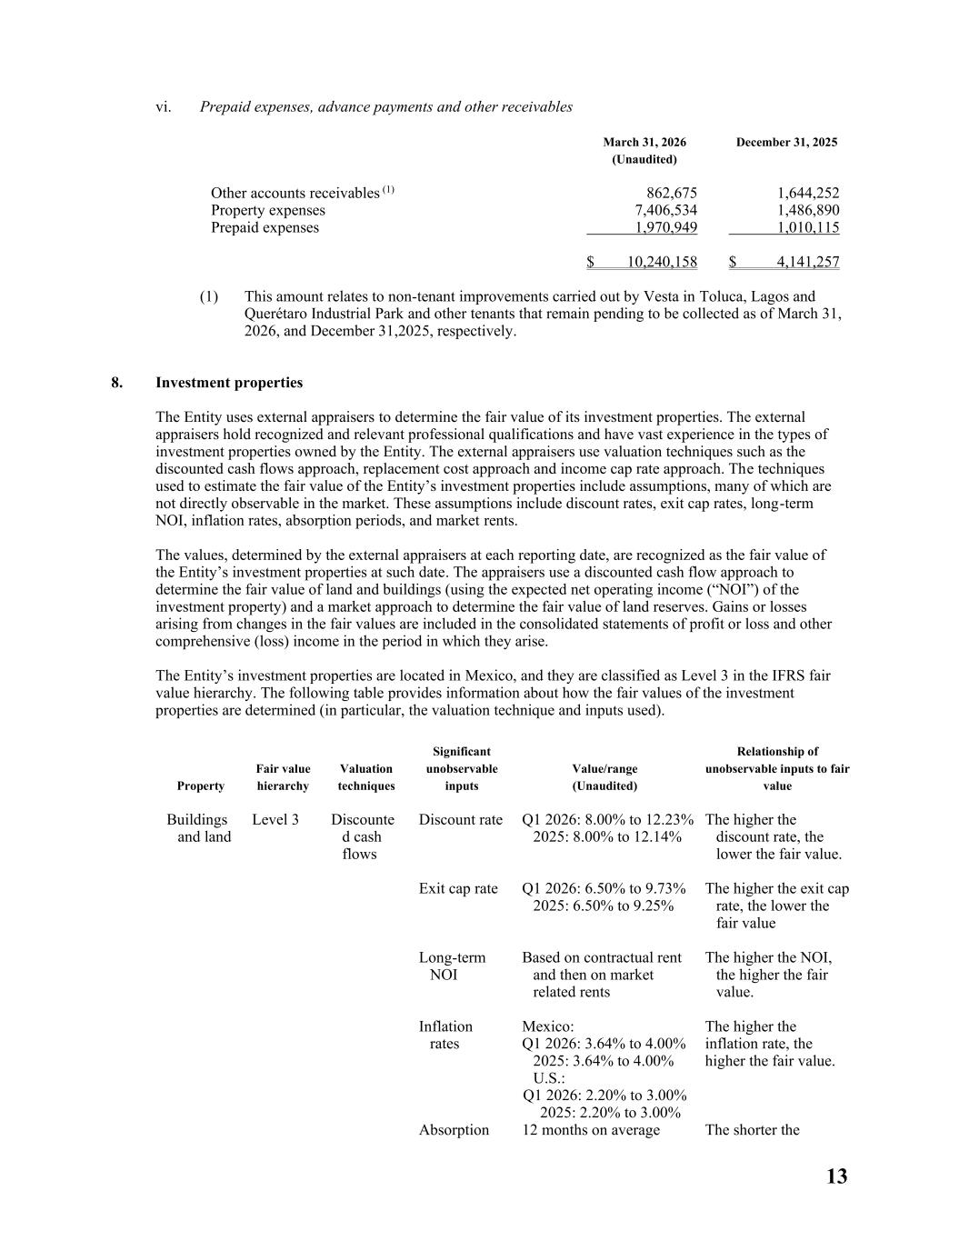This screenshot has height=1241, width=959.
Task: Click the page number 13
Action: coord(836,1176)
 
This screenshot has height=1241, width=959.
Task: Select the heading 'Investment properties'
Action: coord(229,383)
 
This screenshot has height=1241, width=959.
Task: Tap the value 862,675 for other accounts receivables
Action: coord(671,193)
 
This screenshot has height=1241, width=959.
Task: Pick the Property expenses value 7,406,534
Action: coord(664,210)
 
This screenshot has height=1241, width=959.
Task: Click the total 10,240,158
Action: coord(662,262)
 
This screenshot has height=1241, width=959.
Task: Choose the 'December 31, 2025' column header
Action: coord(786,142)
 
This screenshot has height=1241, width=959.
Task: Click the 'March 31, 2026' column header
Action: coord(644,142)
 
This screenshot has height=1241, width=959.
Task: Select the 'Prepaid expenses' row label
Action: coord(265,227)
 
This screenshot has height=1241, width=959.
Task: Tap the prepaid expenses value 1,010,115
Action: coord(808,227)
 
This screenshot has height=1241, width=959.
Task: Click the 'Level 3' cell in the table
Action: coord(275,820)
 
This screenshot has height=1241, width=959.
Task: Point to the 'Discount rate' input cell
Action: coord(460,820)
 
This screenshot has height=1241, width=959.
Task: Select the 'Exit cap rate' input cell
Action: coord(458,889)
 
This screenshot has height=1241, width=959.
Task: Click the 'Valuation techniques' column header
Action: coord(365,777)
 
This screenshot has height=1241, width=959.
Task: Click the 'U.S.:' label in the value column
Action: coord(549,1078)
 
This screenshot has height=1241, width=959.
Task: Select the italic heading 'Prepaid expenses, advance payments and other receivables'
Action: coord(386,107)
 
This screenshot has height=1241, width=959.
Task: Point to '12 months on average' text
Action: coord(591,1130)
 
